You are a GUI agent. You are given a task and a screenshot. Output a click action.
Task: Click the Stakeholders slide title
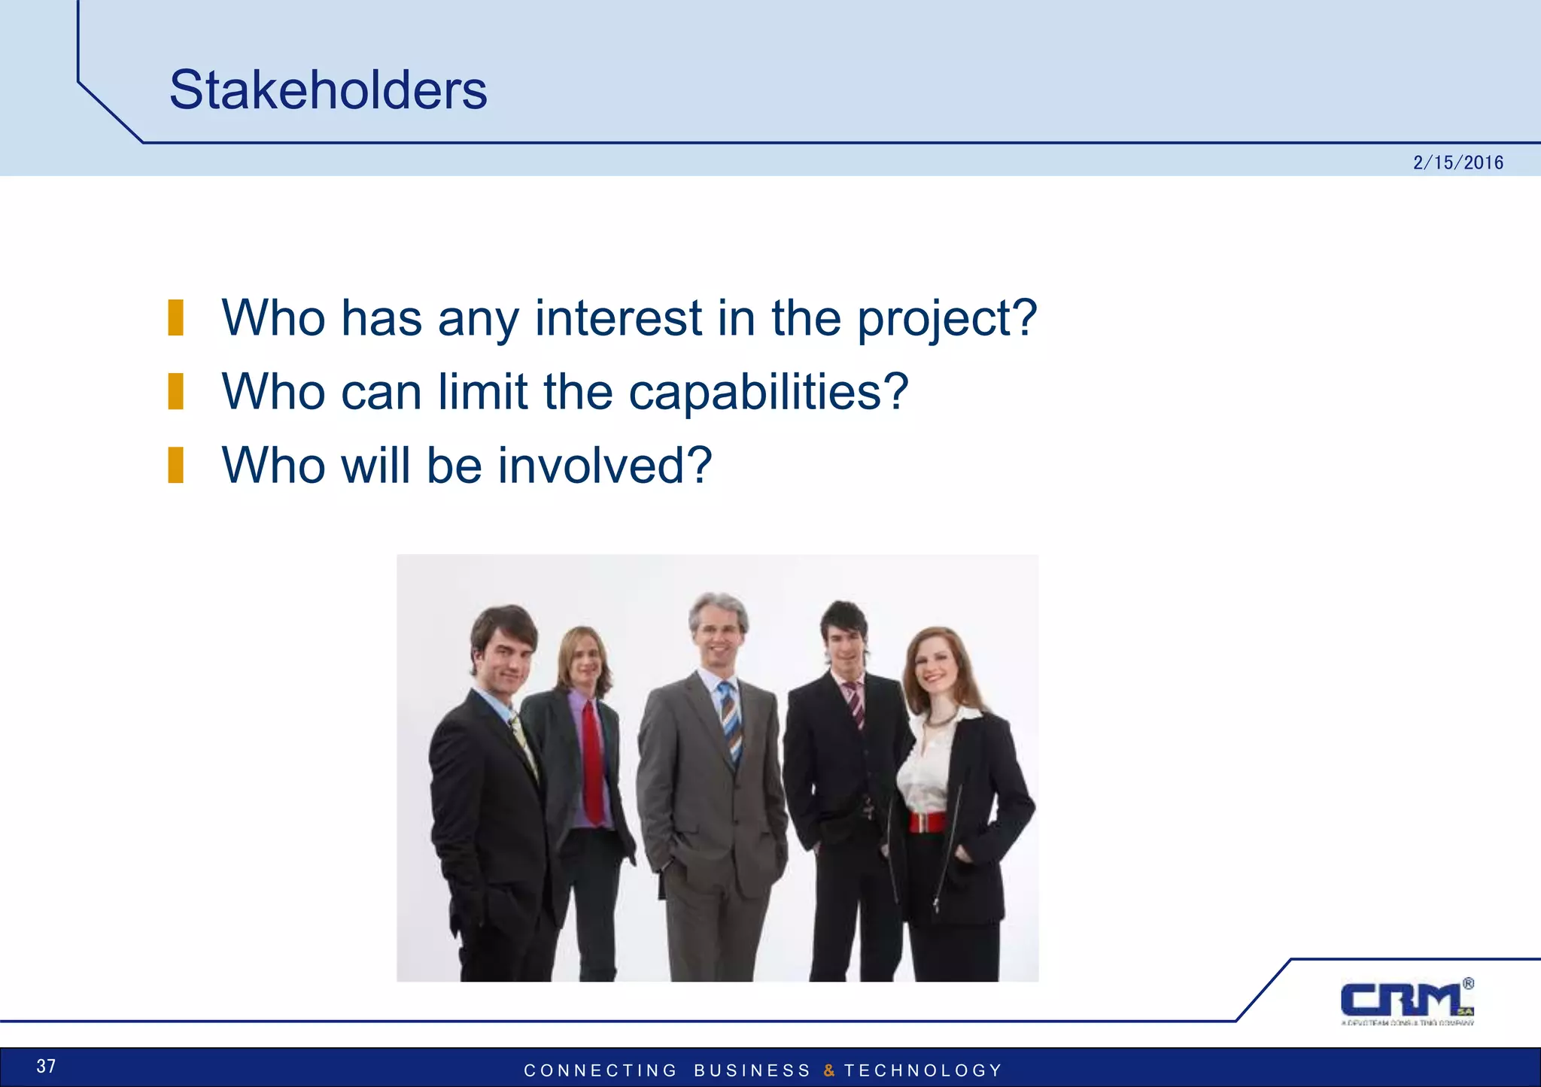[328, 90]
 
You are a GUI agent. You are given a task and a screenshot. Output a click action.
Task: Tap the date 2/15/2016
[1457, 162]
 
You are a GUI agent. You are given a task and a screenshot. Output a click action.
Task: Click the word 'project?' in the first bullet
[947, 319]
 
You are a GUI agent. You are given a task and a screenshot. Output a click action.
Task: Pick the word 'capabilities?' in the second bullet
[768, 393]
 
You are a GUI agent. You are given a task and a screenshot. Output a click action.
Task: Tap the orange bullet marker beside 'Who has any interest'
[176, 317]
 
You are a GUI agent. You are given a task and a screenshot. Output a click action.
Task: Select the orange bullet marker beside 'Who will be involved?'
[176, 465]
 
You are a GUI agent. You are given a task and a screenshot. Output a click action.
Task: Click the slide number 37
[46, 1066]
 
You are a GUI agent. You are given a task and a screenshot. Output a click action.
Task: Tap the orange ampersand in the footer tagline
[828, 1070]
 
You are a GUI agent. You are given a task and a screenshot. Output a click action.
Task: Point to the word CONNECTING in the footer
[600, 1070]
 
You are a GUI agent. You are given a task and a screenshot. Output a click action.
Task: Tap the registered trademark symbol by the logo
[1468, 983]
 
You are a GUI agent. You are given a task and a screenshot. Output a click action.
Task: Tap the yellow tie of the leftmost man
[524, 745]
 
